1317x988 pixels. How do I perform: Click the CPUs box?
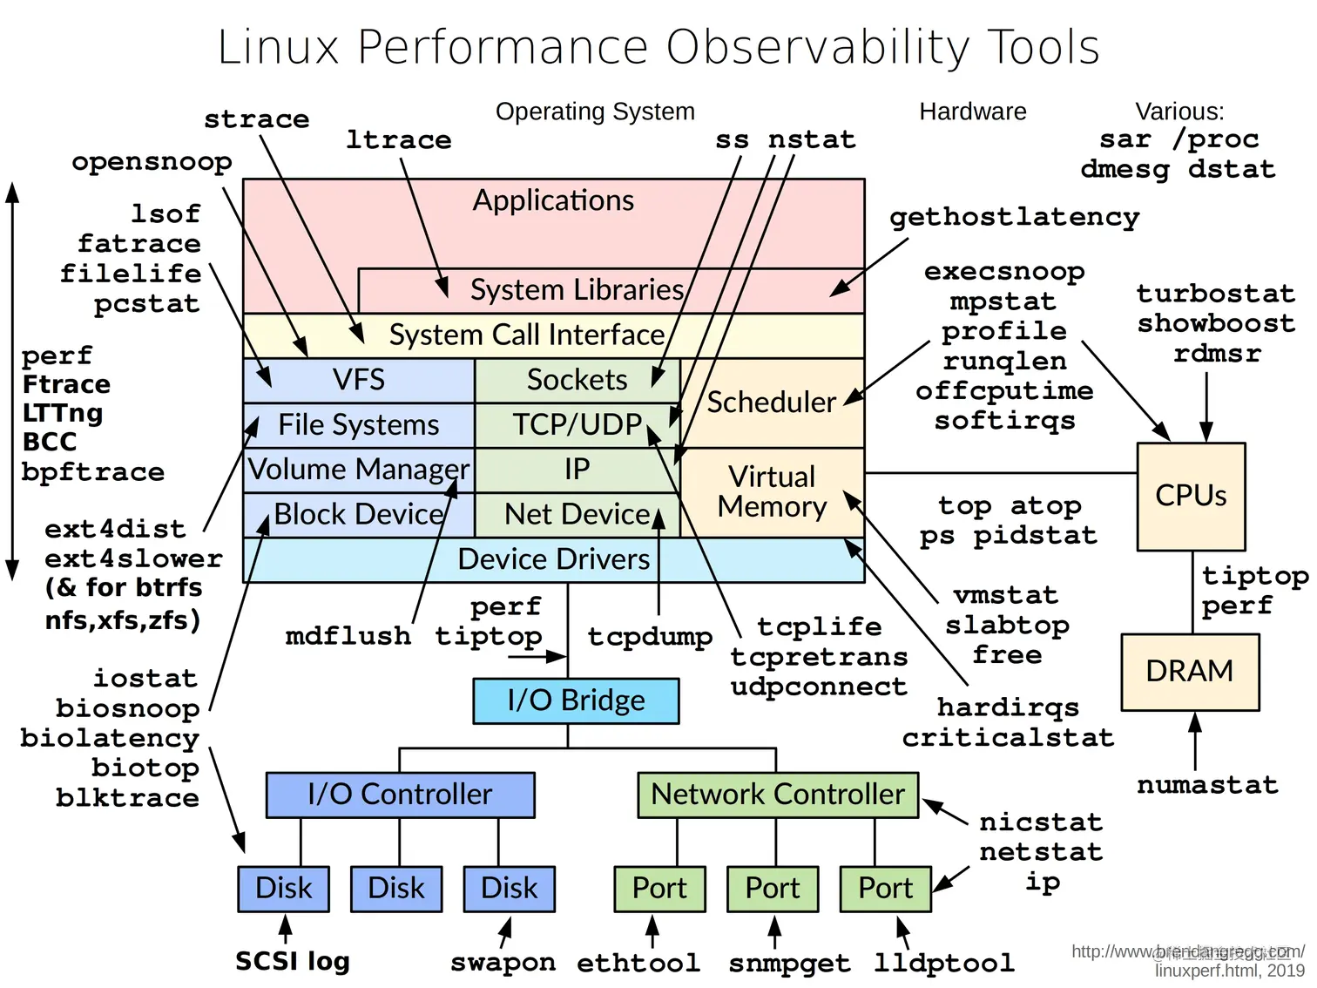point(1191,496)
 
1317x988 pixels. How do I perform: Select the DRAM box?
point(1190,672)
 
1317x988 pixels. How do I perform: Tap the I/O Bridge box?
point(576,700)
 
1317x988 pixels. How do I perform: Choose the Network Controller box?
point(778,795)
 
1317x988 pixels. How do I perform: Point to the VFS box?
point(359,380)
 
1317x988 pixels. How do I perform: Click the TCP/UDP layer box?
point(577,425)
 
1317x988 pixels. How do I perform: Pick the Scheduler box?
point(772,403)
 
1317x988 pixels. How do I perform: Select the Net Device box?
point(577,515)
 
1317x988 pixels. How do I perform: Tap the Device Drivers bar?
point(554,559)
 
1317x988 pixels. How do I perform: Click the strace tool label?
point(256,119)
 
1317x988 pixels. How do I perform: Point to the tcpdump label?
point(650,637)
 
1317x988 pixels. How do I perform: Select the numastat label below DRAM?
point(1207,785)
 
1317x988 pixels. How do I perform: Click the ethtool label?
point(638,963)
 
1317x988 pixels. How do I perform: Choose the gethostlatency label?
point(1014,217)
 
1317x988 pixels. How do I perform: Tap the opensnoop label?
point(152,162)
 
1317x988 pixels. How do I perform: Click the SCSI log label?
point(293,961)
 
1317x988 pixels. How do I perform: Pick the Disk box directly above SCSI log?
point(284,889)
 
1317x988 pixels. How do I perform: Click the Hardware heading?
point(972,112)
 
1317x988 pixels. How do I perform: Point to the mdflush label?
point(348,636)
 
